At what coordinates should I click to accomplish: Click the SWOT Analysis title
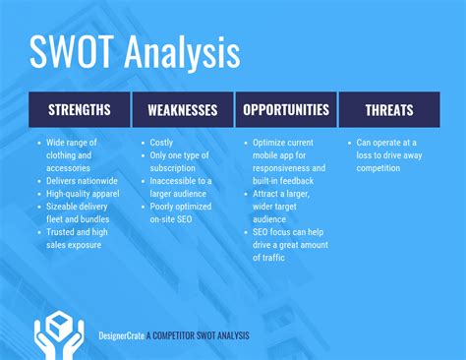click(x=135, y=53)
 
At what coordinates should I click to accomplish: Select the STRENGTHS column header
click(x=80, y=110)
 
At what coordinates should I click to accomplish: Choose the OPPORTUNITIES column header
click(x=286, y=110)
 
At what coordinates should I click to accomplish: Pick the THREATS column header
click(x=388, y=110)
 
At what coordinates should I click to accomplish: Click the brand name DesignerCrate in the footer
click(x=122, y=335)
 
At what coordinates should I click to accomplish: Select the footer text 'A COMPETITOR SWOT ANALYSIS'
click(x=199, y=335)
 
